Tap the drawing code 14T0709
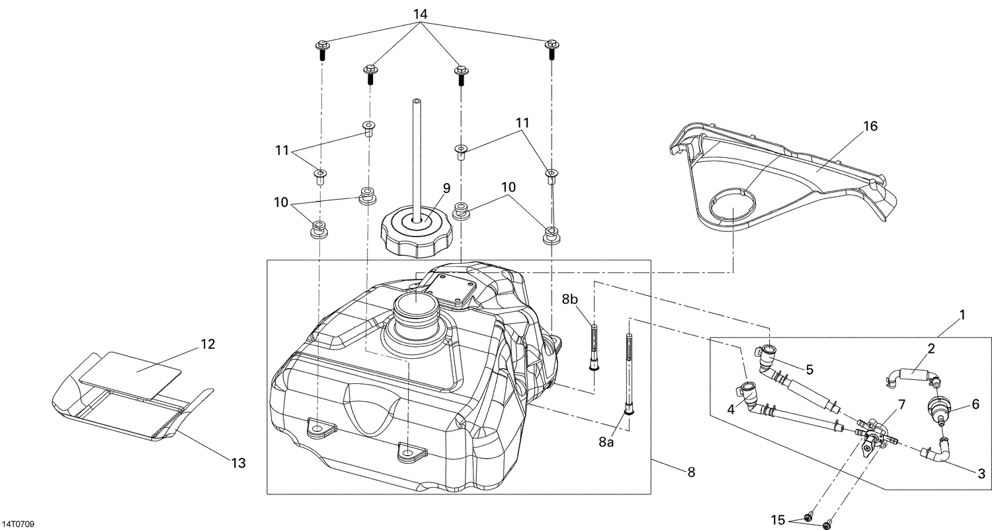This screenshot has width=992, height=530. click(17, 523)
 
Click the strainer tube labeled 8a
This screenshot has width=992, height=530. click(626, 373)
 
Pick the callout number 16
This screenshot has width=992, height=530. click(870, 126)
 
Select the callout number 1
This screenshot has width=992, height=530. click(962, 315)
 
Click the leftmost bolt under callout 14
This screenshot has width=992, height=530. click(322, 51)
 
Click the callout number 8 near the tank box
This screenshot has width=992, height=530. click(692, 472)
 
